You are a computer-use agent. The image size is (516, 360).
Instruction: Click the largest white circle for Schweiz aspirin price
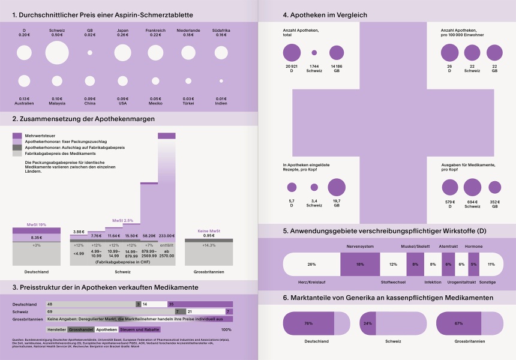point(57,53)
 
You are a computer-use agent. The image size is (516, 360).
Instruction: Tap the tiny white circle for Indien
point(221,80)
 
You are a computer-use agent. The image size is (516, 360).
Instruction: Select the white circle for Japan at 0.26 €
point(122,53)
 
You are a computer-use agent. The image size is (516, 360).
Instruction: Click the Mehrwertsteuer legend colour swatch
point(17,136)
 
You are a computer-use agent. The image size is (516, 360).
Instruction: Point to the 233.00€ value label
point(166,236)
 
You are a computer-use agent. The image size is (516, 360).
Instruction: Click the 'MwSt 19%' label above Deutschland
point(37,224)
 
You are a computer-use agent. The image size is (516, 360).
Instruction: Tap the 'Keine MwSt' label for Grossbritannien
point(209,230)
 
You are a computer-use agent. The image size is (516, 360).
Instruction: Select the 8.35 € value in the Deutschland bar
point(37,238)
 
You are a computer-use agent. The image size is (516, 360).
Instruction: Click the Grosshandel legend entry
point(80,329)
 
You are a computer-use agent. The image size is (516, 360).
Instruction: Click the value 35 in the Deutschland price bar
point(171,304)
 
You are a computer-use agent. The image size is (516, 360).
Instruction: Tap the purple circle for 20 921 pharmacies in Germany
point(291,52)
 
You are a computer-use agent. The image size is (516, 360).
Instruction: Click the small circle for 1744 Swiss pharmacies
point(314,53)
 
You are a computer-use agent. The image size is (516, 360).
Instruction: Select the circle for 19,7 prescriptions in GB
point(336,187)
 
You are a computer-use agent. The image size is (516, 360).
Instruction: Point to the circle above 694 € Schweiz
point(472,187)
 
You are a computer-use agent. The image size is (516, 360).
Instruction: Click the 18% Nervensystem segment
point(360,264)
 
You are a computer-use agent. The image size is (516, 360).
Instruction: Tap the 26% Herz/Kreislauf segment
point(311,264)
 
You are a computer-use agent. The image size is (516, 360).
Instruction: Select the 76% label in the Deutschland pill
point(308,323)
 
